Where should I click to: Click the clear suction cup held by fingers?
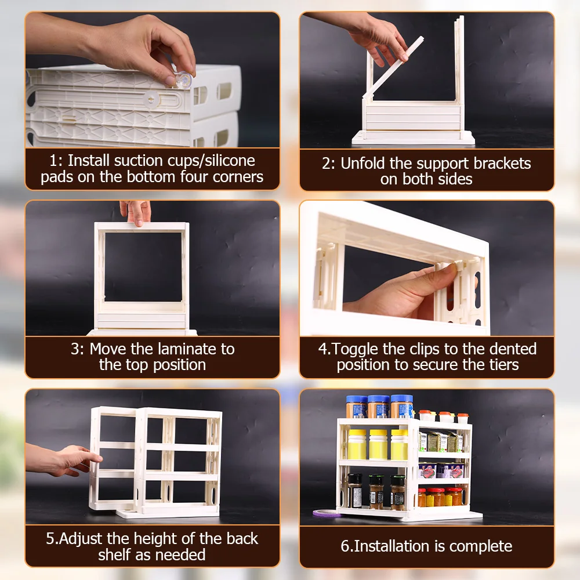pos(183,81)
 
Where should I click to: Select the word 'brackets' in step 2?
pos(502,163)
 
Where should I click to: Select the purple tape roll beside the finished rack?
pos(326,513)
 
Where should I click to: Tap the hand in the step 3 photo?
pos(136,212)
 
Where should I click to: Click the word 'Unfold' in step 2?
pos(362,163)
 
